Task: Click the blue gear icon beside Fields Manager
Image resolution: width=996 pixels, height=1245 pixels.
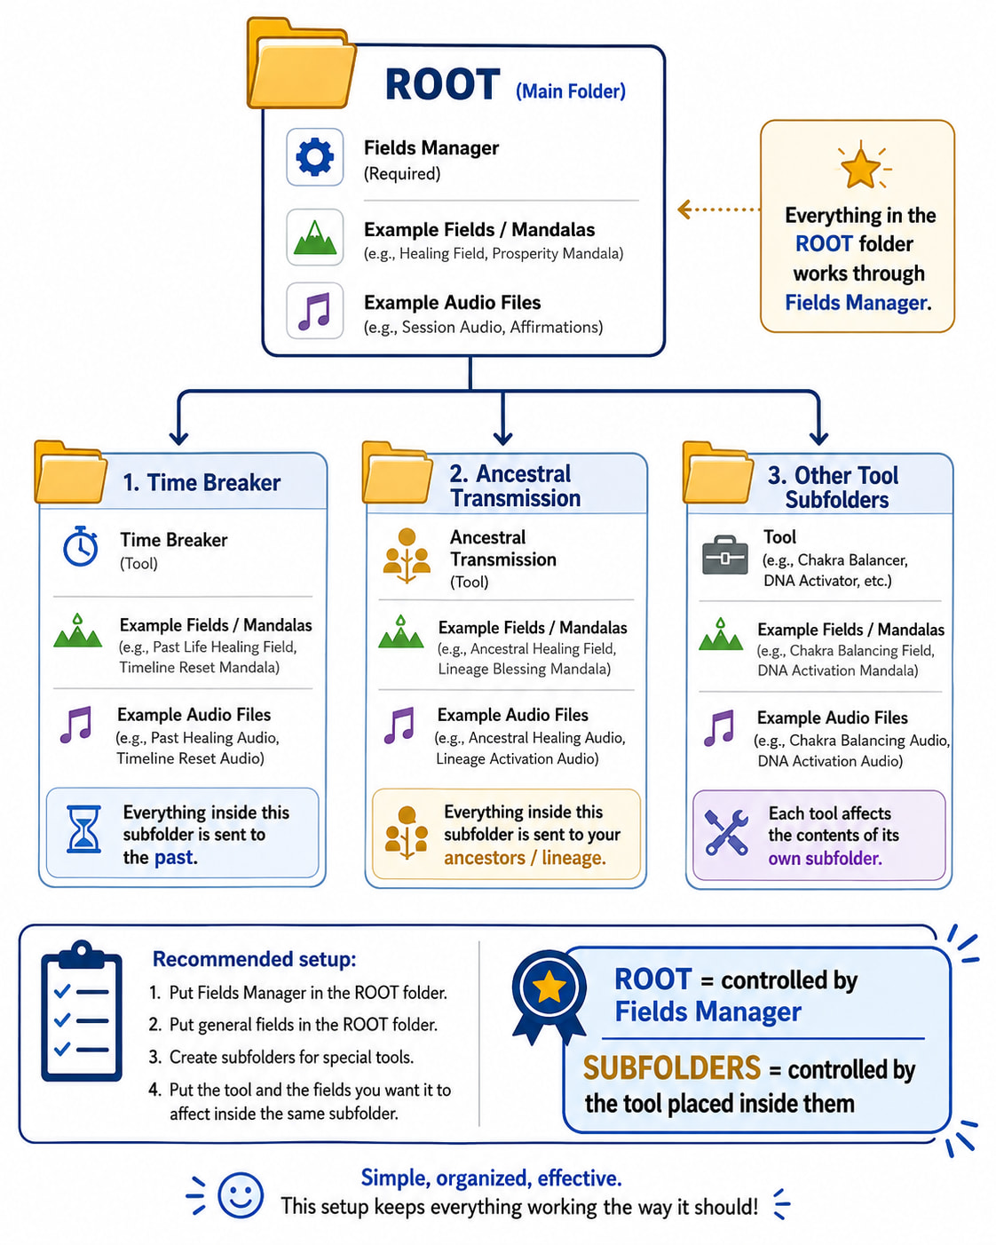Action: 314,157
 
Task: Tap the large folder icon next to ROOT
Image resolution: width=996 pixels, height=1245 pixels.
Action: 301,63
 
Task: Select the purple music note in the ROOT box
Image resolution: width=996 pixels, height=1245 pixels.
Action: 314,311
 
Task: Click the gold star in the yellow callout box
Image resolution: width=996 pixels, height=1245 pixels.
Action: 860,168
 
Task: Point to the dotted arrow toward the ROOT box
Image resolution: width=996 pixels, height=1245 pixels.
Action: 719,210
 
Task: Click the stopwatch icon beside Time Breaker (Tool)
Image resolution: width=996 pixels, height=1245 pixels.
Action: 81,545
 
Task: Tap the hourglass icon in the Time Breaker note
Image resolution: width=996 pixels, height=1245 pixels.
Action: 83,829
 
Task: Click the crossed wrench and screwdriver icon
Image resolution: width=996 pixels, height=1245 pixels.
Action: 726,832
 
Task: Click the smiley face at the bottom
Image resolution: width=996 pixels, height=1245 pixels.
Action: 241,1196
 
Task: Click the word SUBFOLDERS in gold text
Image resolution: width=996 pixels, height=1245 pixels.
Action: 671,1068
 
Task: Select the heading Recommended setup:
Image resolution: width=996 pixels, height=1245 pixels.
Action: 255,959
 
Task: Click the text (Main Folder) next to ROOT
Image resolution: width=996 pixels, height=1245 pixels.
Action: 571,91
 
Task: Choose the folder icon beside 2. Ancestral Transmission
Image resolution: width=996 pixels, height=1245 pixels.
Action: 398,472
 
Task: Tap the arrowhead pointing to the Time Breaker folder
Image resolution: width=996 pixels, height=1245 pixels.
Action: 178,437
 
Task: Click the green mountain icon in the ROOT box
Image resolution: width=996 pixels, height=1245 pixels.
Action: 314,237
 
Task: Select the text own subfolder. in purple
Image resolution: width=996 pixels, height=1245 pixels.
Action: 825,859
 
